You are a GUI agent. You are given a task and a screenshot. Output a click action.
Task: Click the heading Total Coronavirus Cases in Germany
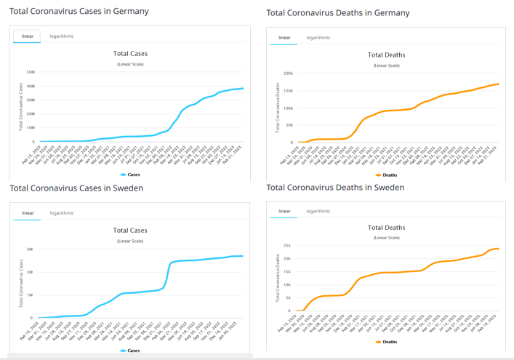click(x=79, y=12)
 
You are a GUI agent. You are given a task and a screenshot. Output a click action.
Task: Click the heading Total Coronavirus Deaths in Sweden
click(x=335, y=188)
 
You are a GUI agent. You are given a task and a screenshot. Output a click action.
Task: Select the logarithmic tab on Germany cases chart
click(x=62, y=36)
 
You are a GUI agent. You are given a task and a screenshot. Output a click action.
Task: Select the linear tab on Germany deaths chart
click(x=284, y=38)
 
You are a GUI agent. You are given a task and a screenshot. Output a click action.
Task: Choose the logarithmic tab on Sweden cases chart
click(x=62, y=213)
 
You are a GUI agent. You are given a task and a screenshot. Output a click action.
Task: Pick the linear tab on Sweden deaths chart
click(x=284, y=212)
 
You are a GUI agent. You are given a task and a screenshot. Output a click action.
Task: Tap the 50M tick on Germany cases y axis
click(x=31, y=72)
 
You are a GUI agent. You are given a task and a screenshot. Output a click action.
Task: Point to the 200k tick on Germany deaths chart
click(x=288, y=73)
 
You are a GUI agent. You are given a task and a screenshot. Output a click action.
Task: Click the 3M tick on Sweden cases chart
click(x=29, y=249)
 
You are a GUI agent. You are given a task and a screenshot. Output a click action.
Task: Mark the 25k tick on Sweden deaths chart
click(x=287, y=246)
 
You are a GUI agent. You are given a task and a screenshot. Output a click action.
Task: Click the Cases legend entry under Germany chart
click(x=130, y=175)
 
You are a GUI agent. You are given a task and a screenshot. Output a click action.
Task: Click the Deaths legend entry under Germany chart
click(x=387, y=175)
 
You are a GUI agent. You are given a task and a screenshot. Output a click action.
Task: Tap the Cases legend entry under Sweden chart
click(x=130, y=351)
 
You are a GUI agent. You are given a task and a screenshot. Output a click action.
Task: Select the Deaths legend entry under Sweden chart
click(x=387, y=342)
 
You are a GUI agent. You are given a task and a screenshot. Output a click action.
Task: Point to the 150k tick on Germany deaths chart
click(x=288, y=91)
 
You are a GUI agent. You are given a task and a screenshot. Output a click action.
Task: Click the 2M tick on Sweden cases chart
click(x=29, y=272)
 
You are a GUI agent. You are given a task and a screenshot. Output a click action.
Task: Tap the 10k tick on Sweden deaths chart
click(x=287, y=285)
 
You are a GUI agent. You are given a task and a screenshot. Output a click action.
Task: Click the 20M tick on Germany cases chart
click(x=31, y=114)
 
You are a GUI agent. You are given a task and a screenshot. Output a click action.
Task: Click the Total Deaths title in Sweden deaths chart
click(x=386, y=228)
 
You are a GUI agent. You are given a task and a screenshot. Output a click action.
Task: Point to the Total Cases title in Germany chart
click(x=130, y=53)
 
